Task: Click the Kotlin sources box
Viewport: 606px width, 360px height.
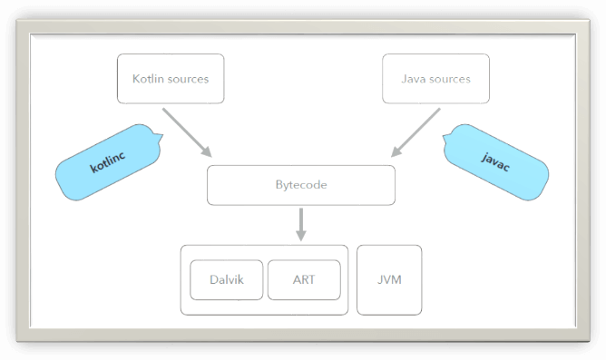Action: pyautogui.click(x=171, y=79)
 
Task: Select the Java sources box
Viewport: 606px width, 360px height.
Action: pyautogui.click(x=435, y=79)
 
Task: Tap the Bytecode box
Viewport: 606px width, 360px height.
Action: pyautogui.click(x=301, y=185)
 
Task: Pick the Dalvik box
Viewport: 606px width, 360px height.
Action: pyautogui.click(x=226, y=279)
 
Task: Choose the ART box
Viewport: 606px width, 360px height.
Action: pyautogui.click(x=304, y=279)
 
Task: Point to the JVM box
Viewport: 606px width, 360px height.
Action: pyautogui.click(x=389, y=279)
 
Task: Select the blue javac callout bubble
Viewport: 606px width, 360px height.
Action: pyautogui.click(x=494, y=161)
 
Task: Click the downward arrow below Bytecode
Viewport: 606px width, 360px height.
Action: pyautogui.click(x=301, y=224)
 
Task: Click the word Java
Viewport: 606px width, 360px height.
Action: pyautogui.click(x=415, y=79)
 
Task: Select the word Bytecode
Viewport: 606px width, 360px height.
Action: pyautogui.click(x=301, y=185)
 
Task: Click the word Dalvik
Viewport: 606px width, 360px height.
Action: pyautogui.click(x=226, y=279)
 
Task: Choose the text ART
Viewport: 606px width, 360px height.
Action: pyautogui.click(x=304, y=279)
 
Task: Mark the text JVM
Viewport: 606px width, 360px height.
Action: pyautogui.click(x=389, y=279)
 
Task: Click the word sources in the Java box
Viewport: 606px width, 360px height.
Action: pyautogui.click(x=451, y=79)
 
